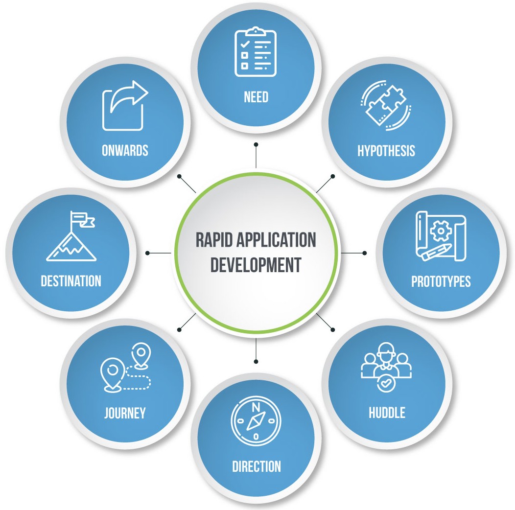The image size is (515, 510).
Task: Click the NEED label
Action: pyautogui.click(x=256, y=97)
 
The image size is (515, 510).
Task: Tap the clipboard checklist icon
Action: pyautogui.click(x=256, y=53)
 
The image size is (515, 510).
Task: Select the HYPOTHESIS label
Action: pyautogui.click(x=386, y=150)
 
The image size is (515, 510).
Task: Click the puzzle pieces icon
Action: pyautogui.click(x=385, y=106)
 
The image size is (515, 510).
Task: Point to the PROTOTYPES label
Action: pyautogui.click(x=441, y=281)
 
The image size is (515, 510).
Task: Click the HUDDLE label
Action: pyautogui.click(x=387, y=412)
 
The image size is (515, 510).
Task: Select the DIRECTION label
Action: pyautogui.click(x=257, y=466)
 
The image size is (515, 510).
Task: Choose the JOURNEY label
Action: pyautogui.click(x=125, y=413)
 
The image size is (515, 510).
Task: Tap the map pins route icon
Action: pyautogui.click(x=125, y=368)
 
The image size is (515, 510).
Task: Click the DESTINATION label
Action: pyautogui.click(x=71, y=281)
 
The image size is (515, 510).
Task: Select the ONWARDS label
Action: pyautogui.click(x=125, y=150)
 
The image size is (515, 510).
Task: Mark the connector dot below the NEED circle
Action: pyautogui.click(x=256, y=144)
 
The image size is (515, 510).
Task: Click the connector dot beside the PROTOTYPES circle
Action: pyautogui.click(x=364, y=253)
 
